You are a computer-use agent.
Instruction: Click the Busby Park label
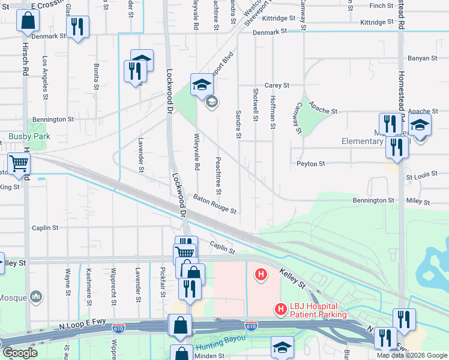[29, 136]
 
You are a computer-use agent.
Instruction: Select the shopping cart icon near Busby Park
[19, 163]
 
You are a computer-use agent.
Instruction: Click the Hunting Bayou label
[222, 341]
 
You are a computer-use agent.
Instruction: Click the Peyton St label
[310, 163]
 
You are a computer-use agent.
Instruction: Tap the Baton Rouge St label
[215, 203]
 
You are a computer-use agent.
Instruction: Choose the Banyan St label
[423, 58]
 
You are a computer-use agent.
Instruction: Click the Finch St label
[381, 6]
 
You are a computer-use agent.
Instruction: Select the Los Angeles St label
[45, 77]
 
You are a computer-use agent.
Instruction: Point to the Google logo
[19, 353]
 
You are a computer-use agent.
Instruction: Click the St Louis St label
[419, 177]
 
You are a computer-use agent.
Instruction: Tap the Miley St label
[418, 200]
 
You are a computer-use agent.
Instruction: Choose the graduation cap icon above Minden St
[282, 347]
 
